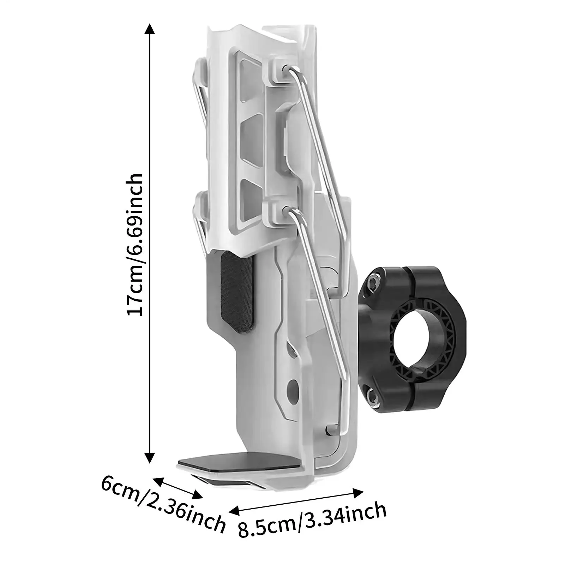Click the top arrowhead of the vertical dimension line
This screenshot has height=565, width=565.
(x=150, y=28)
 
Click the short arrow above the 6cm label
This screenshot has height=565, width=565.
(x=178, y=488)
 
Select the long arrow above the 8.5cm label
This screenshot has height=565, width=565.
(x=296, y=500)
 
